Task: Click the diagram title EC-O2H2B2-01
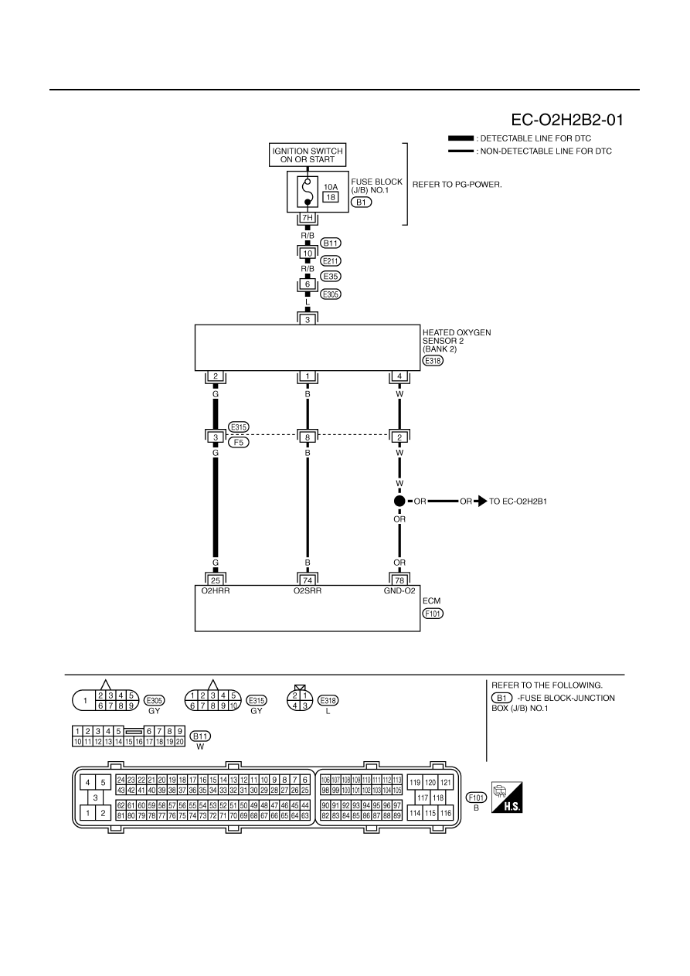coord(566,120)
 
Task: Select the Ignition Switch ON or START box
coord(308,155)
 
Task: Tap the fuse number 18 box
coord(330,197)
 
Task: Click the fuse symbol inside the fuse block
coord(308,192)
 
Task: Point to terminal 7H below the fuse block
coord(308,217)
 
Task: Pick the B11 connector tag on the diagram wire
coord(331,243)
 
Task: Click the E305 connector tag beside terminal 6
coord(331,294)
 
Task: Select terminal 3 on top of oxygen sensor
coord(308,319)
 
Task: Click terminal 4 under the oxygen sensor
coord(399,376)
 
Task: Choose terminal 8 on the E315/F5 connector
coord(308,437)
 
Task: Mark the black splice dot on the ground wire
coord(399,501)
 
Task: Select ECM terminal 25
coord(215,580)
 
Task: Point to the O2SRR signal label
coord(308,591)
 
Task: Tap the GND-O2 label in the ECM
coord(399,591)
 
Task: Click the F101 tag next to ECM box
coord(433,614)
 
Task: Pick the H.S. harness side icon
coord(507,797)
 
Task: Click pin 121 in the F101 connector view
coord(445,782)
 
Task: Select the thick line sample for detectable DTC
coord(461,138)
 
